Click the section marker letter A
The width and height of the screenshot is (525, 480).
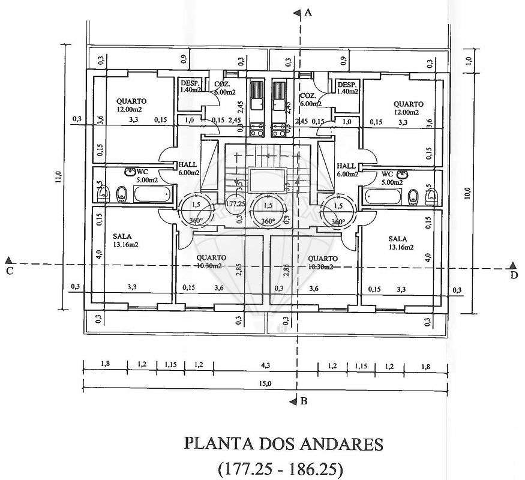[308, 12]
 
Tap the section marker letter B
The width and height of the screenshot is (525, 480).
[304, 401]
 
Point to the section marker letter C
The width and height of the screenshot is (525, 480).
[9, 271]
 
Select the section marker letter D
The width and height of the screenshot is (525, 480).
[514, 275]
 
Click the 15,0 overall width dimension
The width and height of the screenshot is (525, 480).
[265, 384]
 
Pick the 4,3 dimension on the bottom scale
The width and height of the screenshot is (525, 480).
[265, 365]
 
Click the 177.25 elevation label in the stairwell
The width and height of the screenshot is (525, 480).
[236, 204]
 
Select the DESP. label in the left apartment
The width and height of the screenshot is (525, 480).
[189, 83]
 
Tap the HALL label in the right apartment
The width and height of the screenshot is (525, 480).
[346, 166]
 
